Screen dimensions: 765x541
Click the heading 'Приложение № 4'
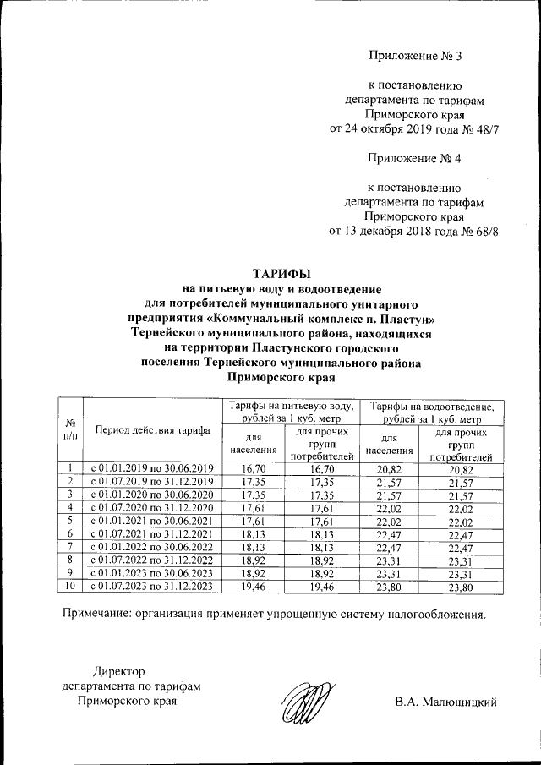pos(417,157)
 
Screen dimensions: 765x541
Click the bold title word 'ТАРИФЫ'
pos(282,274)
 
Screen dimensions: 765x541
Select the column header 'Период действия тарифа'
pos(152,430)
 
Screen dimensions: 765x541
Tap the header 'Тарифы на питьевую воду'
pos(289,407)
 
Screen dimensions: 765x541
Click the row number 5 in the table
pos(71,519)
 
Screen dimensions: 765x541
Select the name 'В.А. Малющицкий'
pos(445,702)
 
